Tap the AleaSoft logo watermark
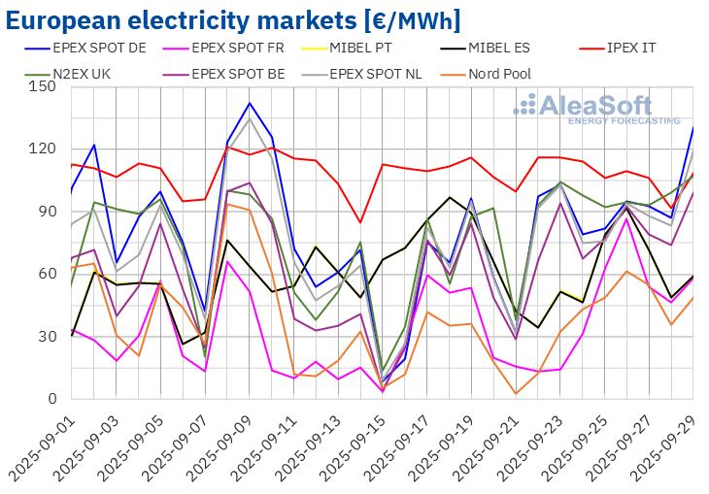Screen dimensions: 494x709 point(596,109)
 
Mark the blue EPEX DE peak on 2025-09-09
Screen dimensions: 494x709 point(250,103)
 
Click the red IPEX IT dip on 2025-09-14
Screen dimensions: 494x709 point(361,222)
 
